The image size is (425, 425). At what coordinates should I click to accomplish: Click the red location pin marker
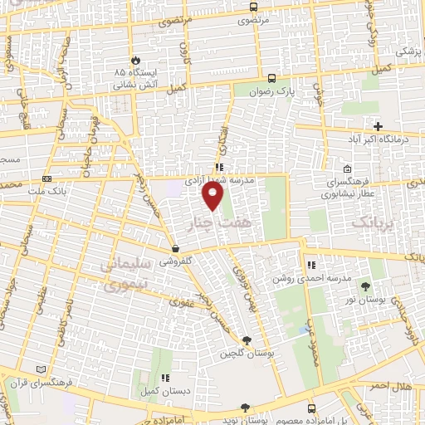(213, 197)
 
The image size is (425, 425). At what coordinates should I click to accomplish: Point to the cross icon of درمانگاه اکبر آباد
(379, 127)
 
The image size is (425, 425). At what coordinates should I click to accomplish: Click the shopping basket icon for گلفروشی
(175, 249)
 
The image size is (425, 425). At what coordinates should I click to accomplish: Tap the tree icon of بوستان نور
(365, 286)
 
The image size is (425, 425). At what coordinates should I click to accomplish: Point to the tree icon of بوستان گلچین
(246, 340)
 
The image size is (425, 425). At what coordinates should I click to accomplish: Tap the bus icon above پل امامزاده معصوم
(311, 408)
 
